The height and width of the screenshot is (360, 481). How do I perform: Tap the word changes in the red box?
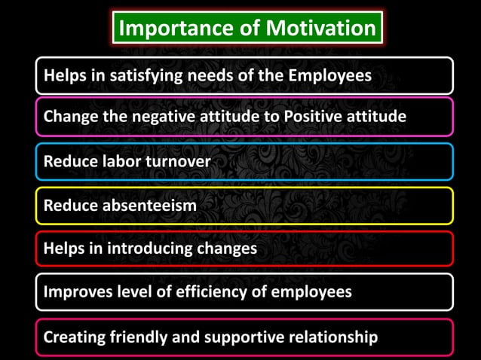click(x=227, y=249)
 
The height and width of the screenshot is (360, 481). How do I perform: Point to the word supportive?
click(x=245, y=337)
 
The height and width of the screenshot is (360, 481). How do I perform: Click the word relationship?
click(x=336, y=337)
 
